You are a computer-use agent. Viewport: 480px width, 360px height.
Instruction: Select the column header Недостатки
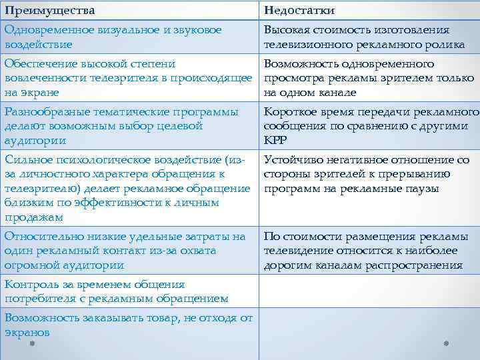[299, 11]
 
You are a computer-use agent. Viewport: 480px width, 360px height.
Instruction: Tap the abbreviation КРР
[276, 141]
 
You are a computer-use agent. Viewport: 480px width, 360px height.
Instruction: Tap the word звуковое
[195, 30]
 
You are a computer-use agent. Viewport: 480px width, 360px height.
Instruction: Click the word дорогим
[289, 265]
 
